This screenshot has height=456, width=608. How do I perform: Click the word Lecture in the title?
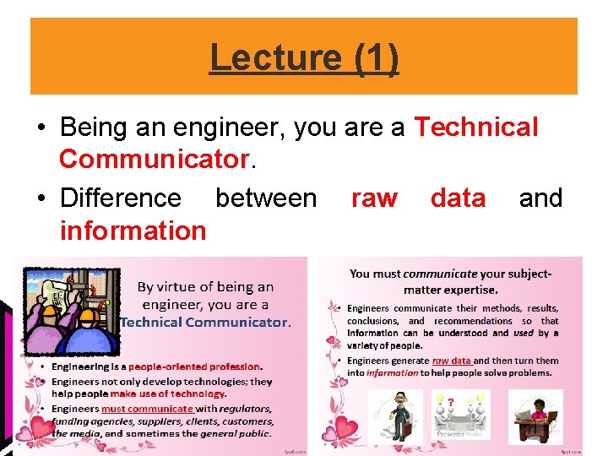click(x=274, y=57)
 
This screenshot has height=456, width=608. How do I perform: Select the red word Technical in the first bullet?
click(x=476, y=128)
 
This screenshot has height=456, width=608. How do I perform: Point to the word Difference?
click(x=121, y=198)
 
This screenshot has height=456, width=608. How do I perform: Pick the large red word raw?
click(x=374, y=198)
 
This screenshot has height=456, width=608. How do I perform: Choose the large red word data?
click(x=458, y=198)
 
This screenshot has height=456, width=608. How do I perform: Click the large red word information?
click(x=133, y=230)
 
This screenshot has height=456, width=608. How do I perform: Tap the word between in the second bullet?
click(x=266, y=198)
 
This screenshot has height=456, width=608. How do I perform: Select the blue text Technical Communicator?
click(x=205, y=322)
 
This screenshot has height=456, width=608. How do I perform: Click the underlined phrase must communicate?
click(x=147, y=409)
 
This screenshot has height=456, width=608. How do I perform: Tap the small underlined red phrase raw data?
click(x=470, y=361)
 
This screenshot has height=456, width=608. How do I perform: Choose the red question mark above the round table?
click(x=453, y=401)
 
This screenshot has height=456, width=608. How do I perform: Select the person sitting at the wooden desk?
click(x=535, y=415)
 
